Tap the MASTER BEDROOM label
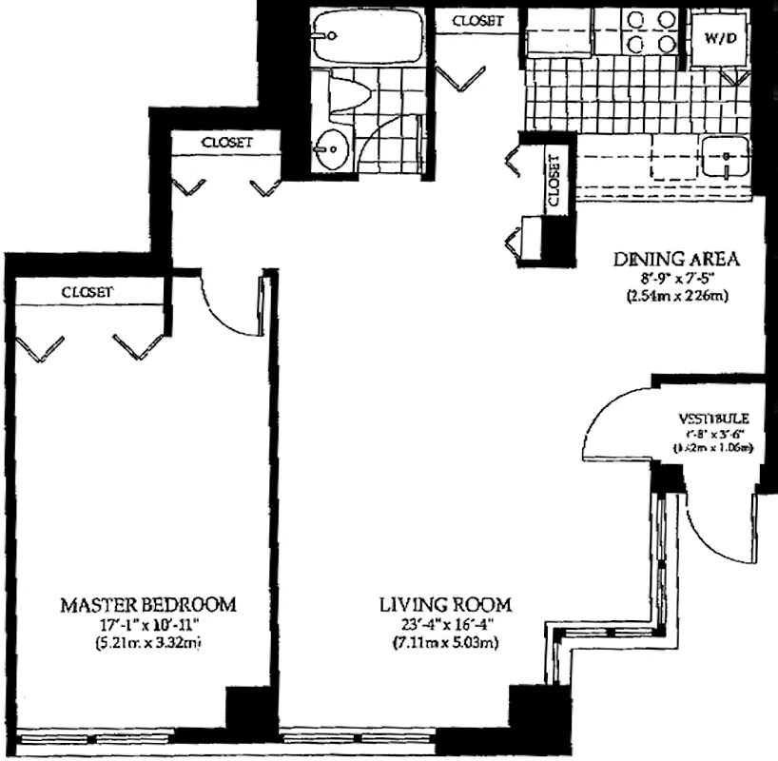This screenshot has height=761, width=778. coord(147,605)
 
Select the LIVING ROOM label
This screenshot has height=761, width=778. coord(446,605)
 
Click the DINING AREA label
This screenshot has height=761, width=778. coord(676,259)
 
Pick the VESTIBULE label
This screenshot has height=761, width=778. coord(714,418)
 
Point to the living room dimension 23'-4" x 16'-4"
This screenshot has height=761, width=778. coord(446,625)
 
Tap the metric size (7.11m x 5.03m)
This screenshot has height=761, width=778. coord(446,644)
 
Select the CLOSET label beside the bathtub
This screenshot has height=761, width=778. coord(477,20)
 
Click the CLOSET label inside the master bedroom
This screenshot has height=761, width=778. coord(88,292)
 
